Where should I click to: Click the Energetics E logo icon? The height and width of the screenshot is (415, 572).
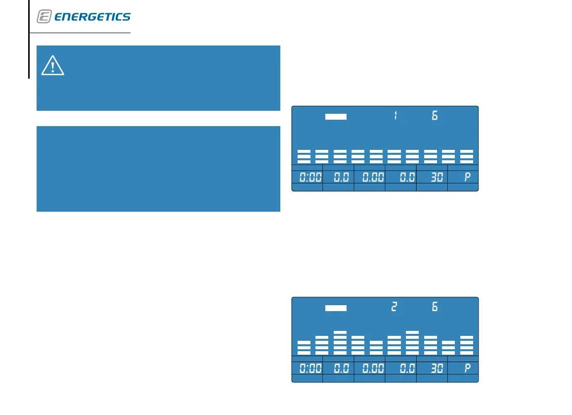click(44, 17)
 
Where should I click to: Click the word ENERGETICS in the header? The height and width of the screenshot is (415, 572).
click(92, 17)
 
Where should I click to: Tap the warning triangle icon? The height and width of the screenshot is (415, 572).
click(53, 66)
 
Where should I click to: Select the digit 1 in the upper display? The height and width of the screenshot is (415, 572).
click(396, 116)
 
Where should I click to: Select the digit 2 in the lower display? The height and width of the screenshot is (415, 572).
click(394, 307)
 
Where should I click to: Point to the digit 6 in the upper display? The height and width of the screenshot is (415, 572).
click(435, 116)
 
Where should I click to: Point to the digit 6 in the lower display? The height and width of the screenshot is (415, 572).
click(435, 307)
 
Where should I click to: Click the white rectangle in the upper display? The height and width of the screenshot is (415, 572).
click(336, 117)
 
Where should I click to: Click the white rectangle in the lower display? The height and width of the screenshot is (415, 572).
click(336, 308)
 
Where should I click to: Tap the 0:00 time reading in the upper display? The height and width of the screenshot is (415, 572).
click(310, 178)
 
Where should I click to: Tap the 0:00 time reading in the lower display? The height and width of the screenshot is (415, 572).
click(310, 369)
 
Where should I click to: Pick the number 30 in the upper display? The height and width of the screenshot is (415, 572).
click(436, 178)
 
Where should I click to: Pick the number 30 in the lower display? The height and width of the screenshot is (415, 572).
click(436, 369)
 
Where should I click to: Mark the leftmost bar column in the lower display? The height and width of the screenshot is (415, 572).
click(304, 348)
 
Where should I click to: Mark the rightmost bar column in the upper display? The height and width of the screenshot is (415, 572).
click(467, 156)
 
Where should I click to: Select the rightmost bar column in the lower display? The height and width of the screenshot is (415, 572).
click(467, 345)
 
